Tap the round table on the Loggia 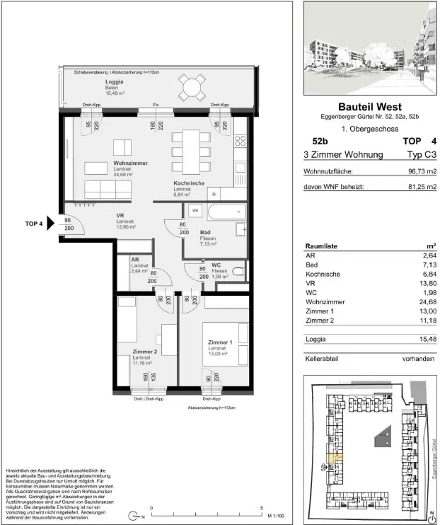point(189,89)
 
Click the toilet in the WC point(238,272)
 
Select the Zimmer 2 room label point(144,352)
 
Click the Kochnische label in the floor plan point(189,183)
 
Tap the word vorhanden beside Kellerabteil point(417,359)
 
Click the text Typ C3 point(415,154)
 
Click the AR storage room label point(134,260)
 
